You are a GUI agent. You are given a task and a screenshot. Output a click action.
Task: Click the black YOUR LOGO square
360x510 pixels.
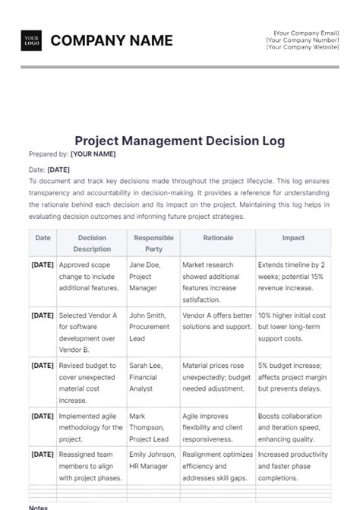32,40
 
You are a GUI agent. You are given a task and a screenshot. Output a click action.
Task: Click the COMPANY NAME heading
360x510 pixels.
112,40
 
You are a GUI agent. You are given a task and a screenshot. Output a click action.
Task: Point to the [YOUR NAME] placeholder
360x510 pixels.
93,154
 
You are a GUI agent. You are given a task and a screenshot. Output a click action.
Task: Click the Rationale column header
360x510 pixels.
218,238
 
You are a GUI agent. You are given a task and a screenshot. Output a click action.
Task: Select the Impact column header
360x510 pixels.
293,238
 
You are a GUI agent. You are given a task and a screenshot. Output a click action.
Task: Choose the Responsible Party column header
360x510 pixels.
153,243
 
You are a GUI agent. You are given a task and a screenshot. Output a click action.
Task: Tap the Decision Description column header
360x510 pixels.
92,243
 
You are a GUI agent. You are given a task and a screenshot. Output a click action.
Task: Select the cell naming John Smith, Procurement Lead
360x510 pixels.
152,326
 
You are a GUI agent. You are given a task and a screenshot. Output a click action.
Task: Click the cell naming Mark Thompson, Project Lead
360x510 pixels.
151,426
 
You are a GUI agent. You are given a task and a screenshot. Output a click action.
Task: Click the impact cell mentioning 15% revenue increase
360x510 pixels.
293,277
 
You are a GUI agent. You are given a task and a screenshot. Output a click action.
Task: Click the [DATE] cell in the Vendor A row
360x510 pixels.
43,315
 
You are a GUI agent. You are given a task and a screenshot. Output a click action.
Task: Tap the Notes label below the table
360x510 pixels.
38,507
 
